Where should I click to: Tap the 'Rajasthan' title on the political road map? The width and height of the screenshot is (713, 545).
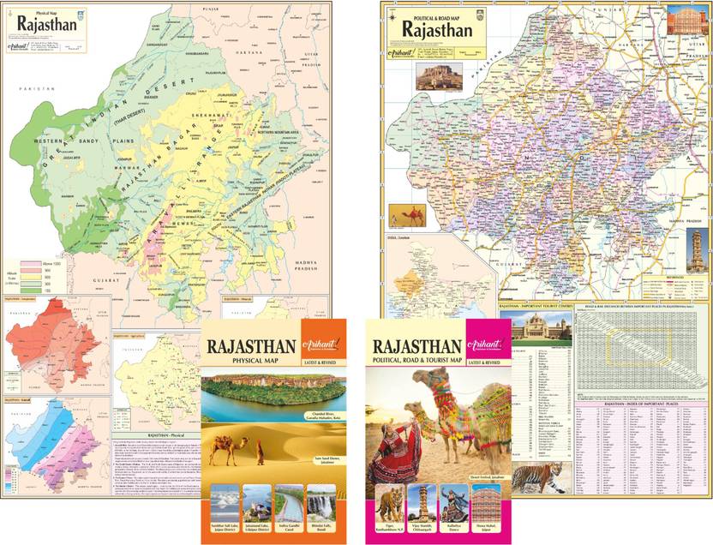(438, 28)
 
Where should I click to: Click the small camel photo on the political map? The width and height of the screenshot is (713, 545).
(406, 214)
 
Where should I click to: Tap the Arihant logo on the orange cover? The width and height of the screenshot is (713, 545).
(323, 342)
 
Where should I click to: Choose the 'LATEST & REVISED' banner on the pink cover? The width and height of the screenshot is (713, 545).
(486, 365)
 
